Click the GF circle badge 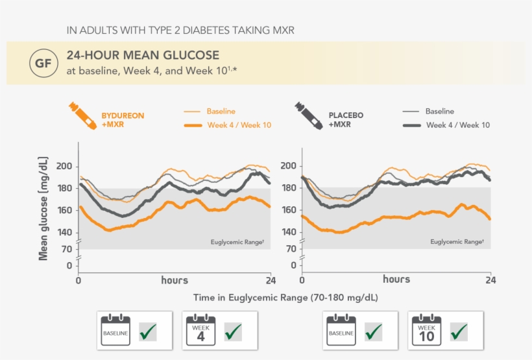coord(42,64)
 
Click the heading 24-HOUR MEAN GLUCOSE coord(143,56)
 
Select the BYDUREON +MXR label coord(123,120)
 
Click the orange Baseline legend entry coord(221,112)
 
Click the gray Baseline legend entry coord(439,112)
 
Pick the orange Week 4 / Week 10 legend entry coord(238,125)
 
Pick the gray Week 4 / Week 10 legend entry coord(457,125)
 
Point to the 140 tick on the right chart coord(289,232)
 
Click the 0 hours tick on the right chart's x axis coord(302,281)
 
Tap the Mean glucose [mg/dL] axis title coord(43,208)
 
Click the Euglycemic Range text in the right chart coord(457,242)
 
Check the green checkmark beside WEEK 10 coord(459,331)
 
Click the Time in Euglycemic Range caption coord(285,297)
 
